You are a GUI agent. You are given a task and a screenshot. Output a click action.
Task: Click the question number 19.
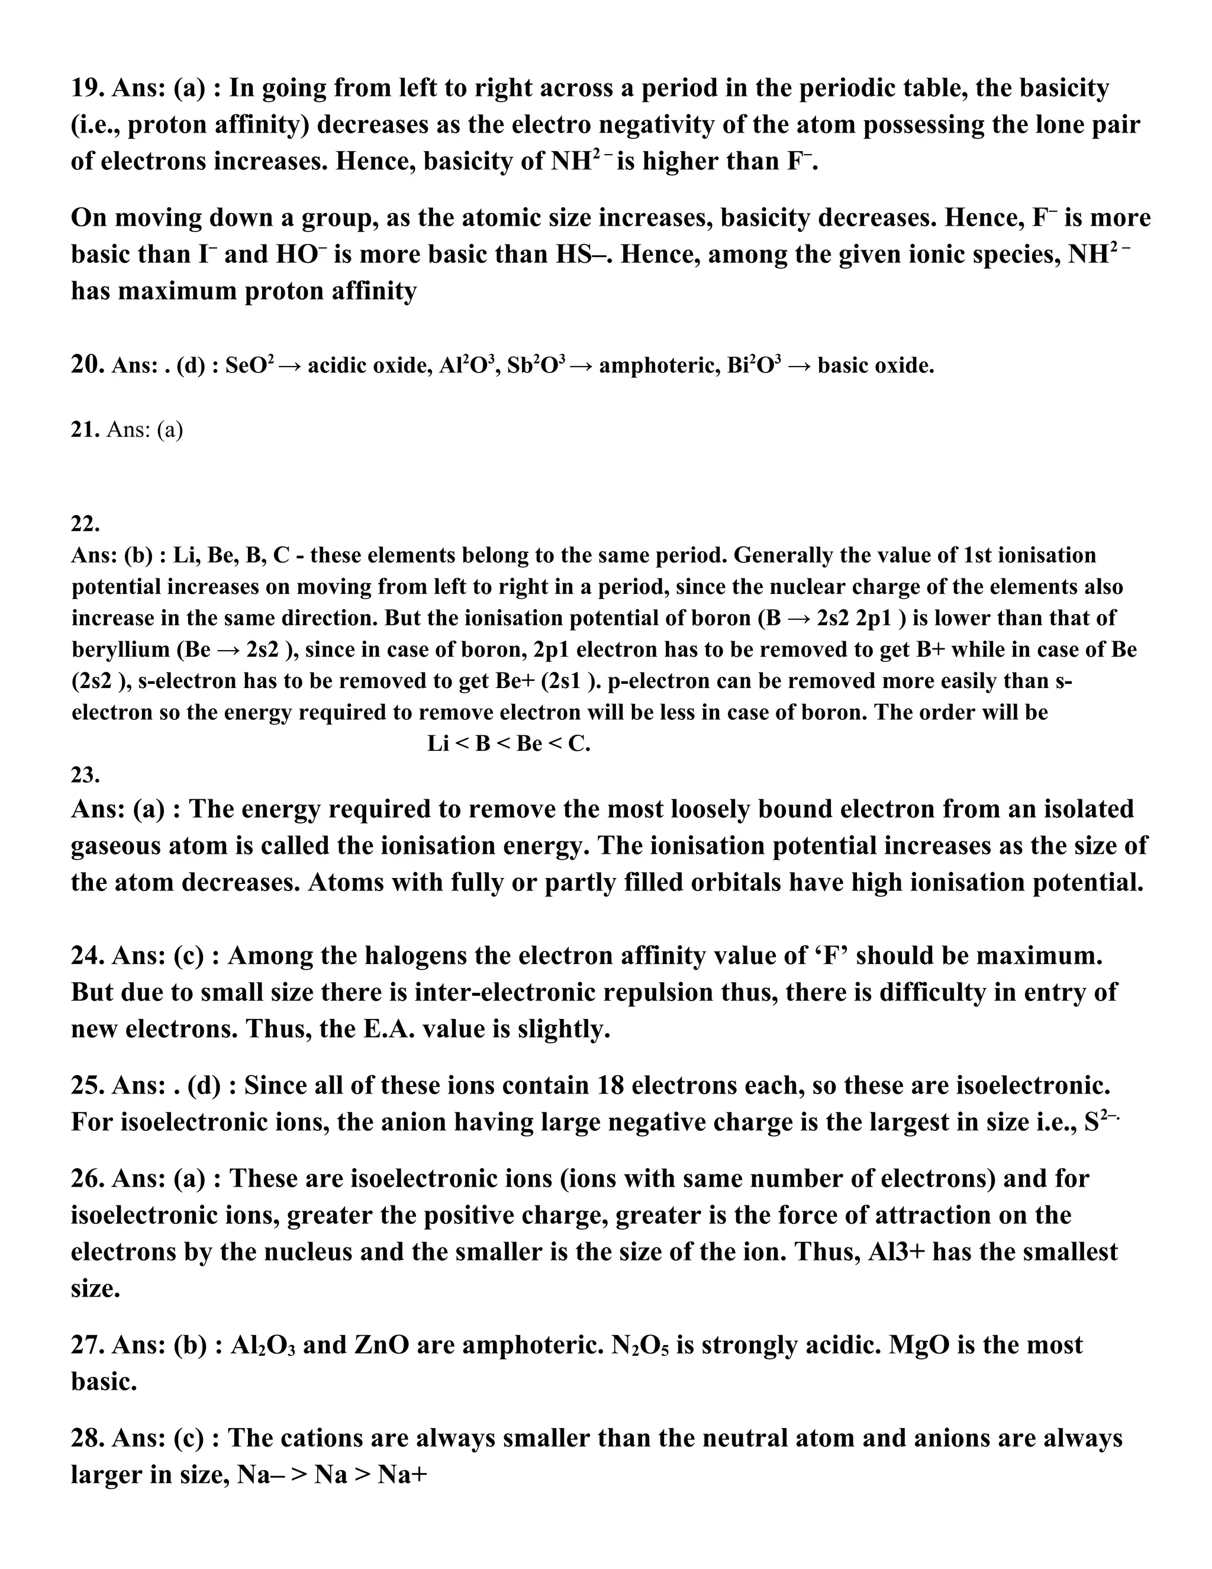(86, 88)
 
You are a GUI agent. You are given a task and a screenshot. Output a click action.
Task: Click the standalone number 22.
(85, 524)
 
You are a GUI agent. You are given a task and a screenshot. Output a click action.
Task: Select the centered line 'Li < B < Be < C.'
(508, 744)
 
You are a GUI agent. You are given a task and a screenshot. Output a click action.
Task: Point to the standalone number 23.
(85, 774)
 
